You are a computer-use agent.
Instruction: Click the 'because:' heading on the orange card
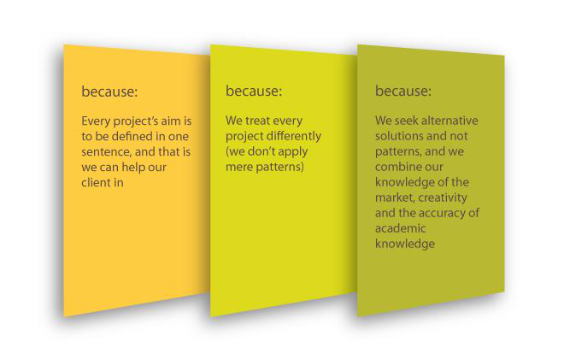[x=109, y=91]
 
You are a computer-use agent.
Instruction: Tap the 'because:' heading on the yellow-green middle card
[x=254, y=91]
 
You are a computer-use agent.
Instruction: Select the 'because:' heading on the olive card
[x=402, y=91]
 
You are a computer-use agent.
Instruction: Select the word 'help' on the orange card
[x=132, y=168]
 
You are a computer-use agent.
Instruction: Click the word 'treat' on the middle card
[x=257, y=121]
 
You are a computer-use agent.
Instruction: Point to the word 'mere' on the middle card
[x=238, y=168]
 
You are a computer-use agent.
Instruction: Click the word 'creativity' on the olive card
[x=443, y=198]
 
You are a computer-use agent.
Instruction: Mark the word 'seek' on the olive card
[x=407, y=121]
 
